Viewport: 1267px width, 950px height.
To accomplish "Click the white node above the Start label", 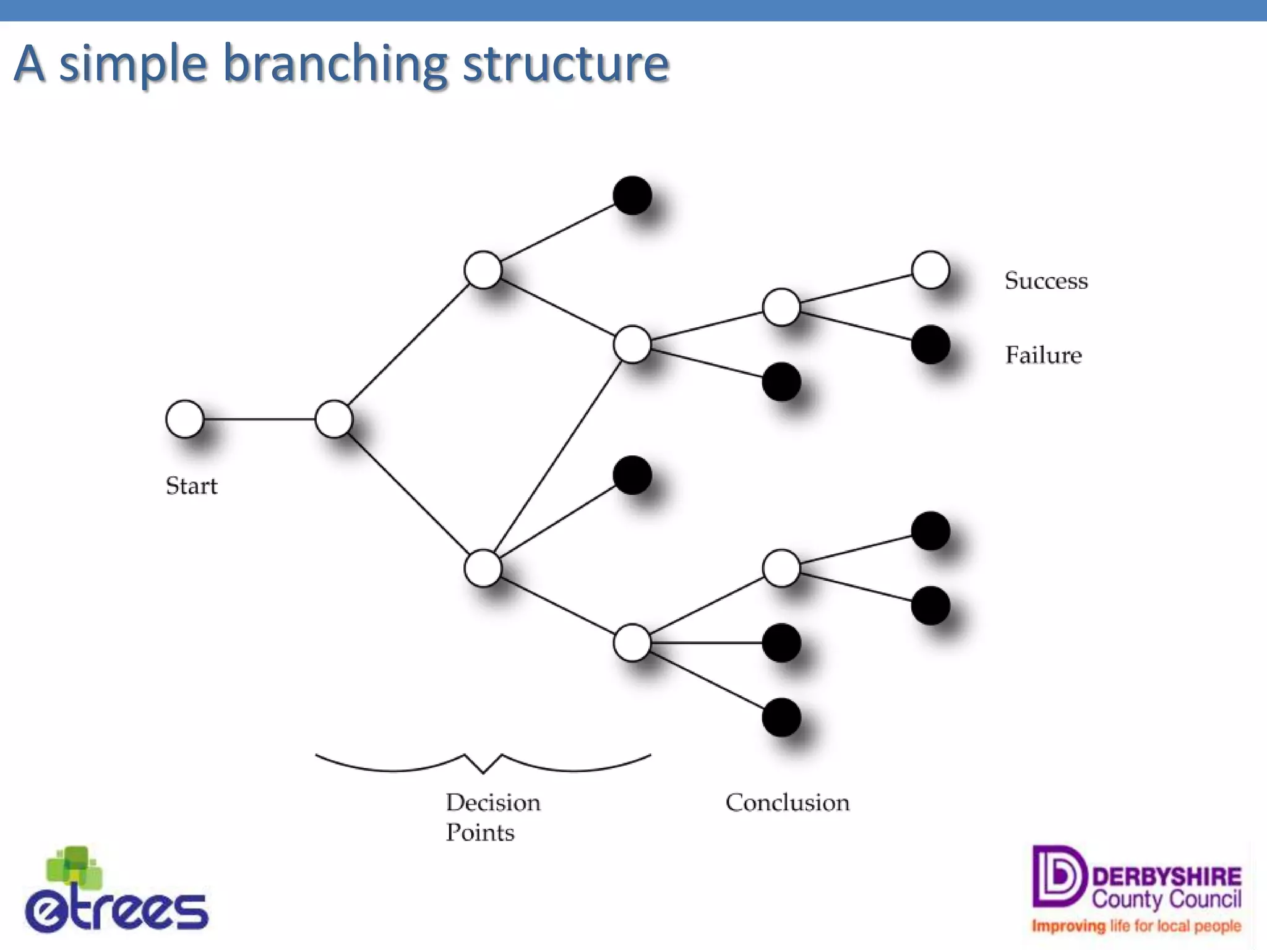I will (184, 419).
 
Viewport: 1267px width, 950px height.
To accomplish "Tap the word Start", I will (191, 486).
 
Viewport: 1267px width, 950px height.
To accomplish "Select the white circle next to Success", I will (930, 270).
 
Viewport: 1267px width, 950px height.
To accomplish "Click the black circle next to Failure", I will (930, 345).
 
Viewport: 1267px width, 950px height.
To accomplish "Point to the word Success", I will (1046, 281).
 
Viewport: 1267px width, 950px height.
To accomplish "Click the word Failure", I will (1043, 355).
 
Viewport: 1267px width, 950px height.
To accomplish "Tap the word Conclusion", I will (787, 803).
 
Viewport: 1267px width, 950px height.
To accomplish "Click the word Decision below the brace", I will (493, 803).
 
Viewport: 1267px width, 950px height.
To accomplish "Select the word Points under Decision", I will (480, 832).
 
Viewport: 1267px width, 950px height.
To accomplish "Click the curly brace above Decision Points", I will (483, 764).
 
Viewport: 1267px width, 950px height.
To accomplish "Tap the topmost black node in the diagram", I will (632, 195).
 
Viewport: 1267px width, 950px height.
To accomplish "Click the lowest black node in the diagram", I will (781, 717).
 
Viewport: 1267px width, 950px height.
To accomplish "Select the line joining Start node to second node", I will (259, 419).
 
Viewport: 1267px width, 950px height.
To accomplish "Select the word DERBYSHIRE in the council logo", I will (1166, 876).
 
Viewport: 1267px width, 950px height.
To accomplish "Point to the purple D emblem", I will (1059, 876).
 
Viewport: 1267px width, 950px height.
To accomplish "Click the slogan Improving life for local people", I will (1136, 926).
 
